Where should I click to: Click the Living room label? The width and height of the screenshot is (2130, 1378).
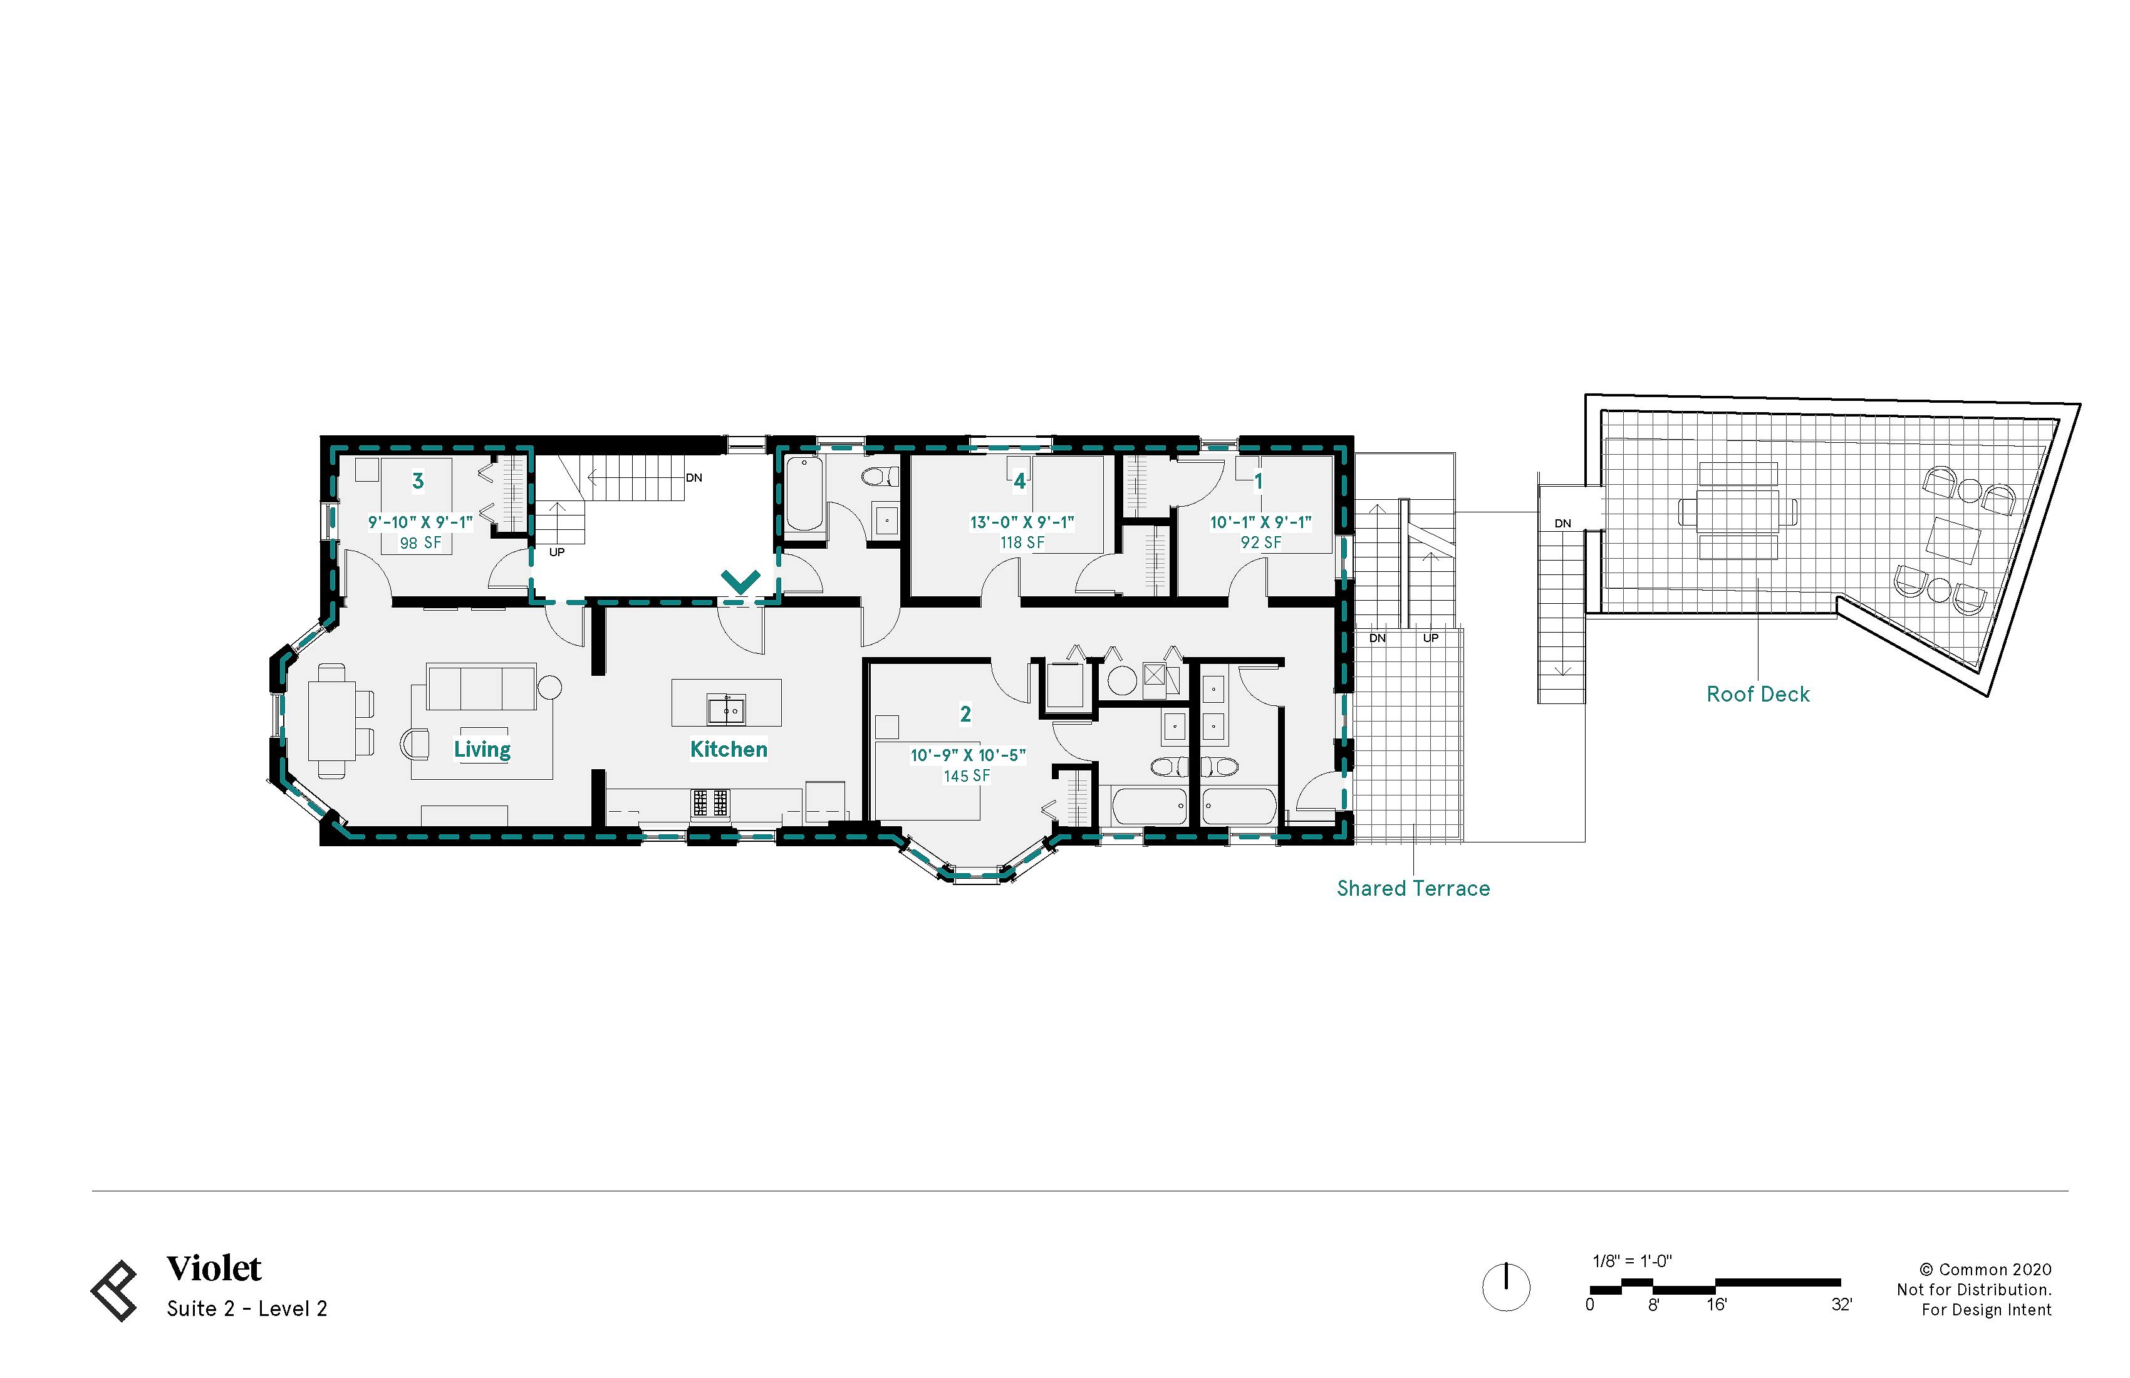pos(482,749)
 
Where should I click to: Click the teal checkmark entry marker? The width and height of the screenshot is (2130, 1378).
pos(741,582)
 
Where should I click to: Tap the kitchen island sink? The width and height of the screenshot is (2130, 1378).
pos(726,710)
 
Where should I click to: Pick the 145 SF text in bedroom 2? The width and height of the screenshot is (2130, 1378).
pos(967,776)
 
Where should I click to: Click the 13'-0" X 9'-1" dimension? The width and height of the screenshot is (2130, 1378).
pos(1021,522)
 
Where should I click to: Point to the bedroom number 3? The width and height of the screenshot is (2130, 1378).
pos(417,482)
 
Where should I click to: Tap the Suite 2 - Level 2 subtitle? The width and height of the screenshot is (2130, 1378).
pos(247,1309)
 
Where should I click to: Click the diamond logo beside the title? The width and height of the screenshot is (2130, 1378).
pos(115,1290)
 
